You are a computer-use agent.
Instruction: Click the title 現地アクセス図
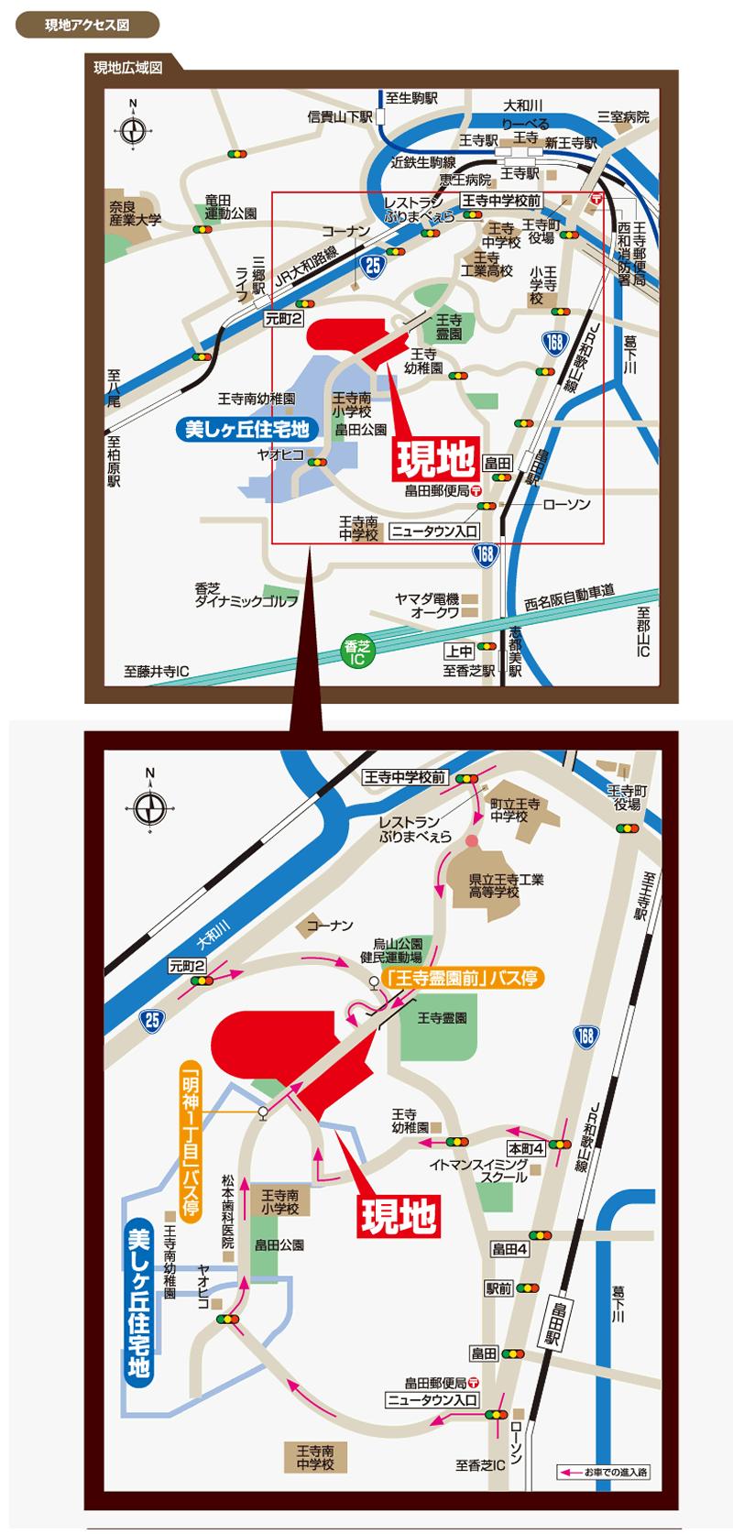pyautogui.click(x=87, y=25)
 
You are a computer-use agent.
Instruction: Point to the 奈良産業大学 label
pyautogui.click(x=136, y=214)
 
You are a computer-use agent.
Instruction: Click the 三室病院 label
pyautogui.click(x=623, y=117)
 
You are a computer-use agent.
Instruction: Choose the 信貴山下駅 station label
pyautogui.click(x=340, y=117)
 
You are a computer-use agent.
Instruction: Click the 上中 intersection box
pyautogui.click(x=459, y=651)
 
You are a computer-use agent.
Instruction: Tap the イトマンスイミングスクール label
pyautogui.click(x=479, y=1170)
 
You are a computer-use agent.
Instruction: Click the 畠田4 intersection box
pyautogui.click(x=510, y=1247)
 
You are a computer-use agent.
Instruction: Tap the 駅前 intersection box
pyautogui.click(x=498, y=1287)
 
